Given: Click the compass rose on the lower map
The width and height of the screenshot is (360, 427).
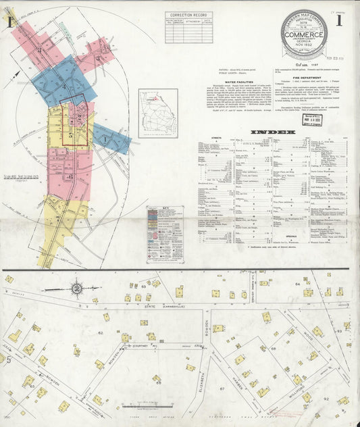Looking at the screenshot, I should (78, 288).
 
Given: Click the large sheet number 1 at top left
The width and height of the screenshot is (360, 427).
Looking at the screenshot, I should (11, 21).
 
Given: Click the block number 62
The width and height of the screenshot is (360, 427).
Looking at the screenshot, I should (101, 332).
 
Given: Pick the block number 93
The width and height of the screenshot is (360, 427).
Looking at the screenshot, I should (338, 331).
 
